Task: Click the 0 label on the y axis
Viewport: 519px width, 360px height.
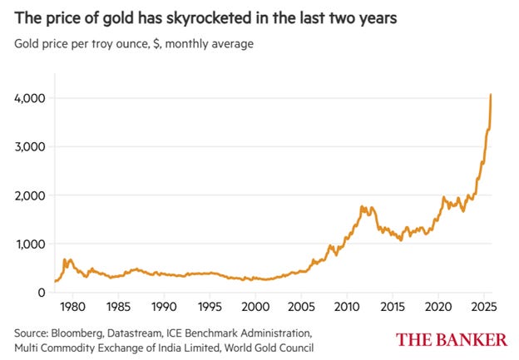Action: (x=39, y=293)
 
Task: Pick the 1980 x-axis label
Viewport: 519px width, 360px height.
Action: (x=72, y=306)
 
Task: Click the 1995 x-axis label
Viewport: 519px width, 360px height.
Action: (x=210, y=306)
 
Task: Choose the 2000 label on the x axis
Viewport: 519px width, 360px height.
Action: (x=256, y=306)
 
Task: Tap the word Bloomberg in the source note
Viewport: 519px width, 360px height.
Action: (x=86, y=331)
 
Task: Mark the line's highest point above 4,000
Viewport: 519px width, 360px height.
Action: (x=491, y=94)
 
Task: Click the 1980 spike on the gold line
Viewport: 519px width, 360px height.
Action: (x=66, y=259)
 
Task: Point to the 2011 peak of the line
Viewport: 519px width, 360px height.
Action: (x=363, y=206)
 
